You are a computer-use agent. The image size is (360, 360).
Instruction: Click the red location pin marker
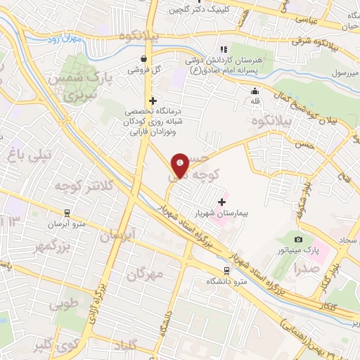[181, 166]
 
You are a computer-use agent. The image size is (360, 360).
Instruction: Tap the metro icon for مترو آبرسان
[65, 212]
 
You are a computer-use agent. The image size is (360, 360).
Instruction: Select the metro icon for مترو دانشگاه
[226, 270]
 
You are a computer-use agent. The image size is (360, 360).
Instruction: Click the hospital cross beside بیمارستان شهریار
[222, 202]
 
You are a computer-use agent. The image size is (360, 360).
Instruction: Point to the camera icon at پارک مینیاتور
[298, 240]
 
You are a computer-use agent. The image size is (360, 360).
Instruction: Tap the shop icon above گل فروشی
[144, 59]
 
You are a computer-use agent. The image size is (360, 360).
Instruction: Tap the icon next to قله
[255, 91]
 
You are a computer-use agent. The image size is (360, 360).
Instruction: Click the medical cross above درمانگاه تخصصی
[153, 101]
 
